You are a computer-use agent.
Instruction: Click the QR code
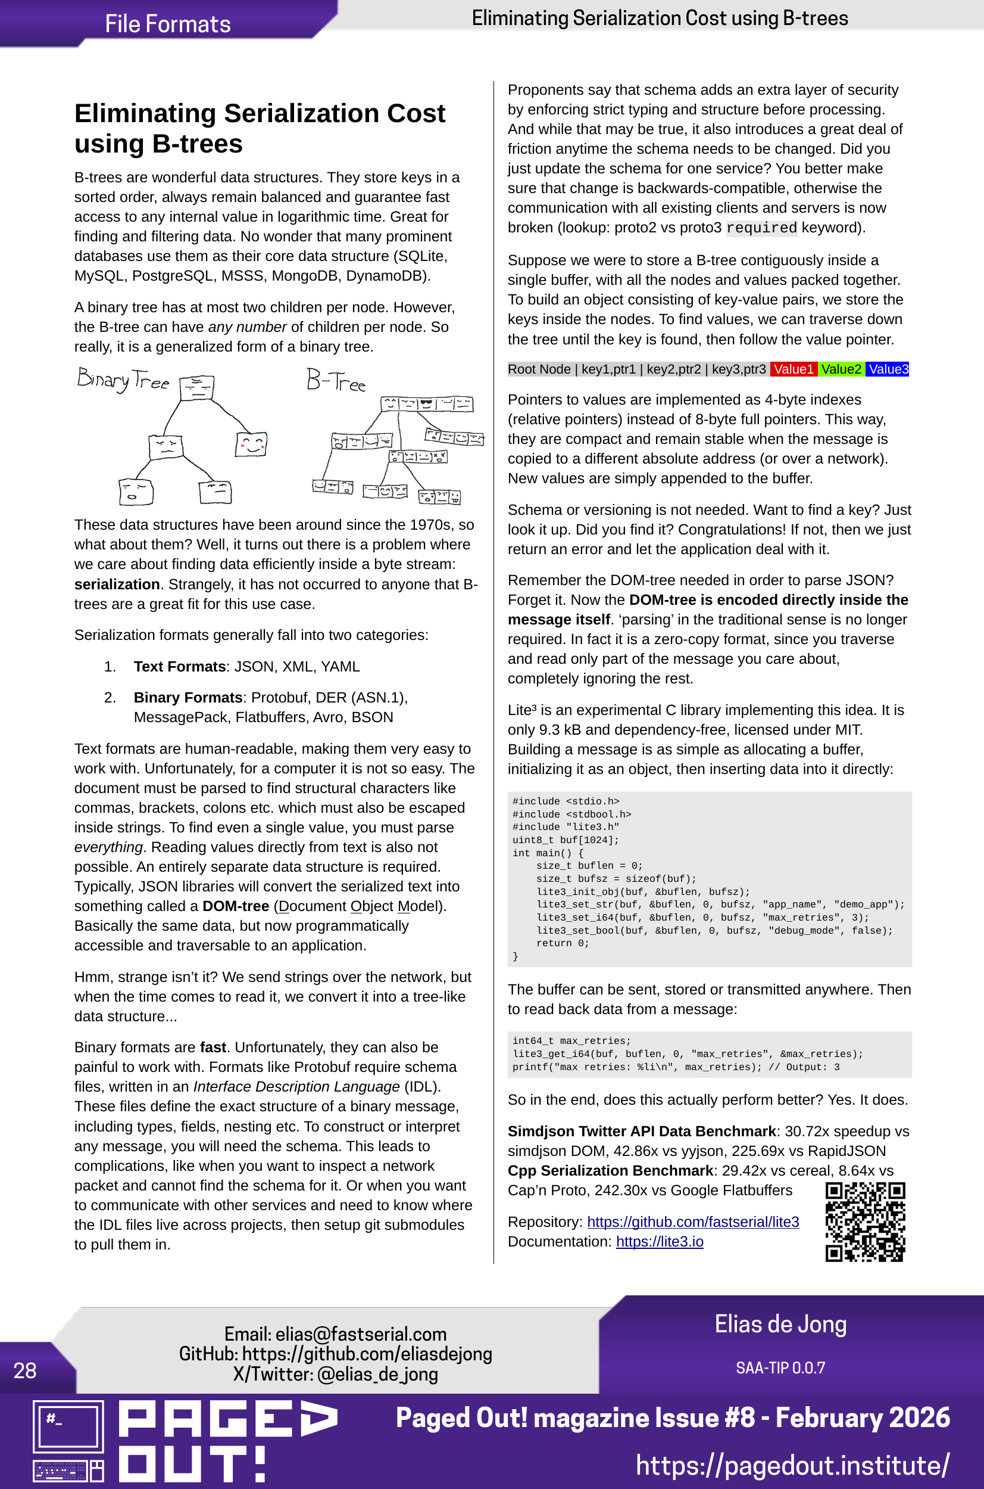[x=865, y=1221]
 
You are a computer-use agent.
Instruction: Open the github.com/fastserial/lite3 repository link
[x=693, y=1221]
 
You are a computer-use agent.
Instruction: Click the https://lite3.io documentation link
[x=660, y=1242]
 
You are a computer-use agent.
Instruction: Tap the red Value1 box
[x=794, y=369]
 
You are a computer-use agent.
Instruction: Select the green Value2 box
[x=841, y=369]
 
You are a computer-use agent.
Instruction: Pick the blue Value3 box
[x=888, y=369]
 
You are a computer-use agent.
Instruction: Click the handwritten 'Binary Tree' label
[x=123, y=380]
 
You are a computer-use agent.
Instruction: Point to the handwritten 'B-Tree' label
[x=336, y=381]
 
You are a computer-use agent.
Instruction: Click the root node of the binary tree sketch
[x=197, y=387]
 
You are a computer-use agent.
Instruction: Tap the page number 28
[x=25, y=1370]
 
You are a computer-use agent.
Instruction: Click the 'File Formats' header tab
[x=167, y=24]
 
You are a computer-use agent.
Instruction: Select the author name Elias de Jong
[x=780, y=1324]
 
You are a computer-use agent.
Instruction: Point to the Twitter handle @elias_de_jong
[x=378, y=1374]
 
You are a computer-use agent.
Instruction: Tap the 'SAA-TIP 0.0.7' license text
[x=780, y=1368]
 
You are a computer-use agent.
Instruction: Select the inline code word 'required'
[x=761, y=228]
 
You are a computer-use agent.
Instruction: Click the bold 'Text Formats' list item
[x=180, y=666]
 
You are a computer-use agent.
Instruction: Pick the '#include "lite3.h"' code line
[x=566, y=827]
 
